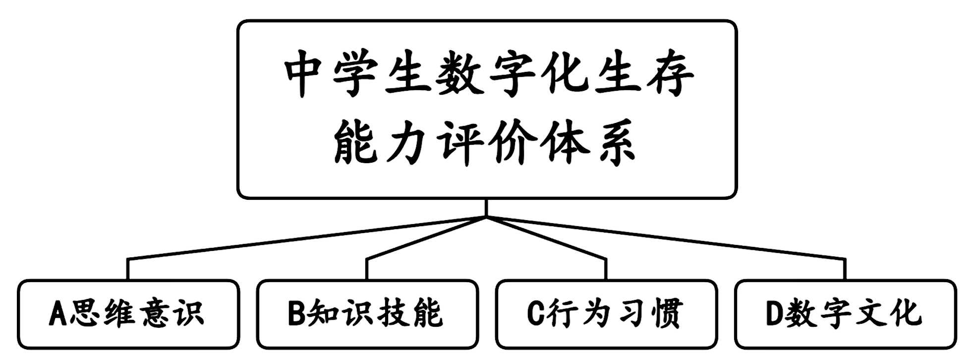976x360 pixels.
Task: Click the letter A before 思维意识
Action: click(57, 314)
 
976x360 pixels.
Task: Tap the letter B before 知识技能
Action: click(296, 314)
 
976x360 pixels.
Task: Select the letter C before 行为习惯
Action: click(535, 314)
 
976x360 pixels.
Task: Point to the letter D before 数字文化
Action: click(774, 314)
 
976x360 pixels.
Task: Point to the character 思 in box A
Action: click(86, 314)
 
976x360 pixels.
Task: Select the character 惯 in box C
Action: click(666, 314)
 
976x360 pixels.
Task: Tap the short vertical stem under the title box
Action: click(487, 208)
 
